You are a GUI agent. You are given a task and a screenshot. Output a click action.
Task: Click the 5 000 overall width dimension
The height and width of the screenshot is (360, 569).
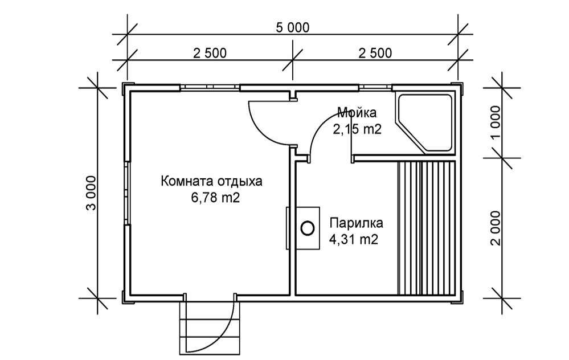(293, 27)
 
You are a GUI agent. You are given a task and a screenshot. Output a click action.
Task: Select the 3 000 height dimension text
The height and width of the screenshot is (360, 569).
(92, 193)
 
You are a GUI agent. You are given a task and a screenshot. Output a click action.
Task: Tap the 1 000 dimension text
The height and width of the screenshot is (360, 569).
(496, 122)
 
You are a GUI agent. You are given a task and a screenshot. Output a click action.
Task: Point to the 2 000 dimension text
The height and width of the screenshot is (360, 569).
(496, 228)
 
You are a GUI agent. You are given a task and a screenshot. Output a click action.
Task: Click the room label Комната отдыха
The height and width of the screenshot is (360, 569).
(211, 181)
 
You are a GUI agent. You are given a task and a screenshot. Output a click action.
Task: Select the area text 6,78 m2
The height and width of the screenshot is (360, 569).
(215, 198)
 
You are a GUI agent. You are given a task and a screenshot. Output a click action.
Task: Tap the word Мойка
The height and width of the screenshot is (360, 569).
(357, 113)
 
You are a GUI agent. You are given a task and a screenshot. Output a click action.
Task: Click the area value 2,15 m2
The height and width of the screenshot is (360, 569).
(357, 129)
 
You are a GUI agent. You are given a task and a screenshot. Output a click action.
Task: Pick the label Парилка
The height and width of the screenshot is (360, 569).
(356, 223)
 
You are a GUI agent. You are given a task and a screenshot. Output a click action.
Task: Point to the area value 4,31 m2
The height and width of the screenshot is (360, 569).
(354, 239)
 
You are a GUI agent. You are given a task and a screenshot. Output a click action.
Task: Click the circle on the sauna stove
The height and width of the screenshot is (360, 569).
(308, 228)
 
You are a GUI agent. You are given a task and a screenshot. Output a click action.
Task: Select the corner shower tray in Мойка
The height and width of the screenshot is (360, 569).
(424, 124)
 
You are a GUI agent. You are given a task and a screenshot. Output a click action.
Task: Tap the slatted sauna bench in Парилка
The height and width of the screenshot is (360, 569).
(427, 228)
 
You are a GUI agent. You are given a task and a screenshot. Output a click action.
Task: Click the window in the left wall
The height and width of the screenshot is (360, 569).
(127, 193)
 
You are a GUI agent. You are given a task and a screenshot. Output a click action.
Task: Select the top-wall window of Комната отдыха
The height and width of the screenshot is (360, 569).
(210, 88)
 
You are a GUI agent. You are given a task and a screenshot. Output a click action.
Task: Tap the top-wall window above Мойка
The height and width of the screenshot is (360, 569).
(375, 88)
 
